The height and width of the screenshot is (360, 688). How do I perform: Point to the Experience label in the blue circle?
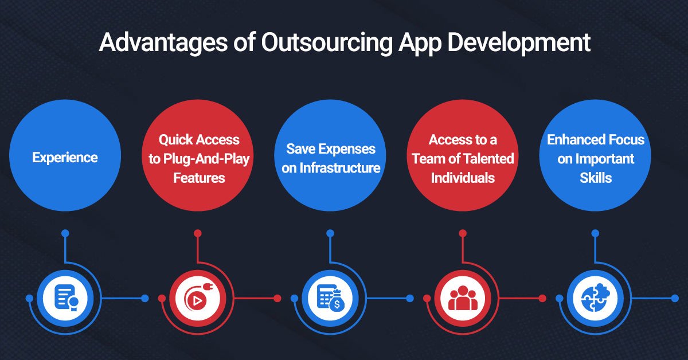coord(65,157)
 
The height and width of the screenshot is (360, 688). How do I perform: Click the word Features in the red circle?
coord(199,177)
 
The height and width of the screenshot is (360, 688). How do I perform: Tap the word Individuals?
coord(463,177)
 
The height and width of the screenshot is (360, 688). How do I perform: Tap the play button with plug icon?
coord(198,299)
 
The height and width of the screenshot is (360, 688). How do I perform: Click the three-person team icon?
coord(462,299)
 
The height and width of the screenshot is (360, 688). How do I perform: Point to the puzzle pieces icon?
coord(595,299)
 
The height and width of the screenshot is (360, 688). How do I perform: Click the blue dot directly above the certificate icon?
coord(65,233)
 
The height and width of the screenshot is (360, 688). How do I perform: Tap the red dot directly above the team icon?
coord(462,233)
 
